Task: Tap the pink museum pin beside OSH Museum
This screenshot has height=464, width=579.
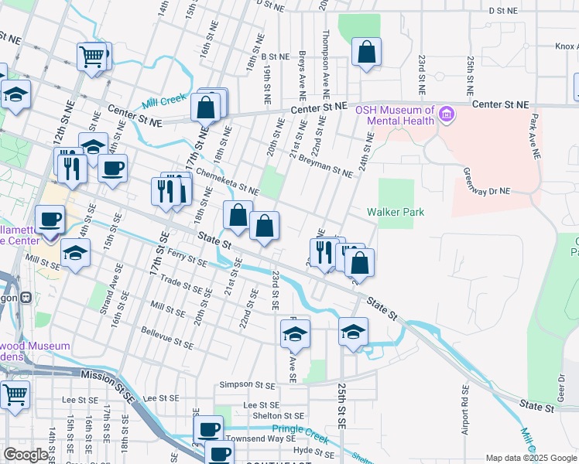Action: [x=445, y=116]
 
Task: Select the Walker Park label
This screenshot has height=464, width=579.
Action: [x=396, y=212]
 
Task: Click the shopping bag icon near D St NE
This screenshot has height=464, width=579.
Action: [x=367, y=53]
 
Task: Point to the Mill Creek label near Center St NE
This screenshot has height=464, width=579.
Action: [x=159, y=102]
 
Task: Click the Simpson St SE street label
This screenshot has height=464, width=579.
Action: [x=247, y=384]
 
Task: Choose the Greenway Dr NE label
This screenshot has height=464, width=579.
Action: [x=487, y=181]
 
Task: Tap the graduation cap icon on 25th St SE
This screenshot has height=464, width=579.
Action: [x=353, y=333]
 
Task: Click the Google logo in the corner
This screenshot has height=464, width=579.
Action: [x=26, y=455]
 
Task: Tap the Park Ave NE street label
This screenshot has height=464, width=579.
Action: [x=533, y=136]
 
